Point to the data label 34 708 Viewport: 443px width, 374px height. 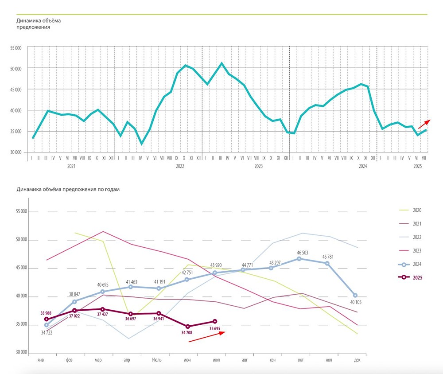click(x=188, y=332)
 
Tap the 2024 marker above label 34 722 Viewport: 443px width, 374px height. click(x=46, y=325)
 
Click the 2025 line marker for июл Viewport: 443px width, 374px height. click(x=215, y=321)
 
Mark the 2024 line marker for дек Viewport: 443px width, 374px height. click(x=355, y=295)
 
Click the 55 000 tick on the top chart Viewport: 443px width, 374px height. click(x=16, y=47)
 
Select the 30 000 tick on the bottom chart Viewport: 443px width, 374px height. click(x=21, y=353)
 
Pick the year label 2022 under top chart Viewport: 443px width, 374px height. click(x=180, y=166)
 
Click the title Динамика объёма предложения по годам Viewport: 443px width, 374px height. click(x=68, y=189)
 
